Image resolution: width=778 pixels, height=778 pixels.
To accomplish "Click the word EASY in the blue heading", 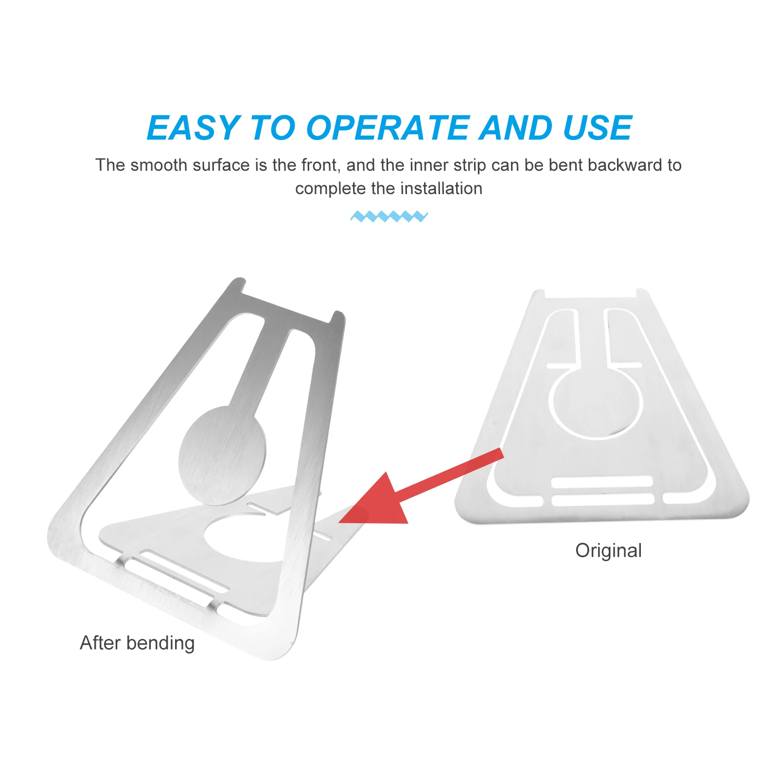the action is [x=193, y=128].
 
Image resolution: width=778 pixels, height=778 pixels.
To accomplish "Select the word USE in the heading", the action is [x=597, y=128].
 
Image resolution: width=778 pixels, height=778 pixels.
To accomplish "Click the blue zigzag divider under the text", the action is [x=389, y=216].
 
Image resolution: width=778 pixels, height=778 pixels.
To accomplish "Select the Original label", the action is [x=608, y=551].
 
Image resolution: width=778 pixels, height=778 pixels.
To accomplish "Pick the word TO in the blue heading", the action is [x=272, y=128].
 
